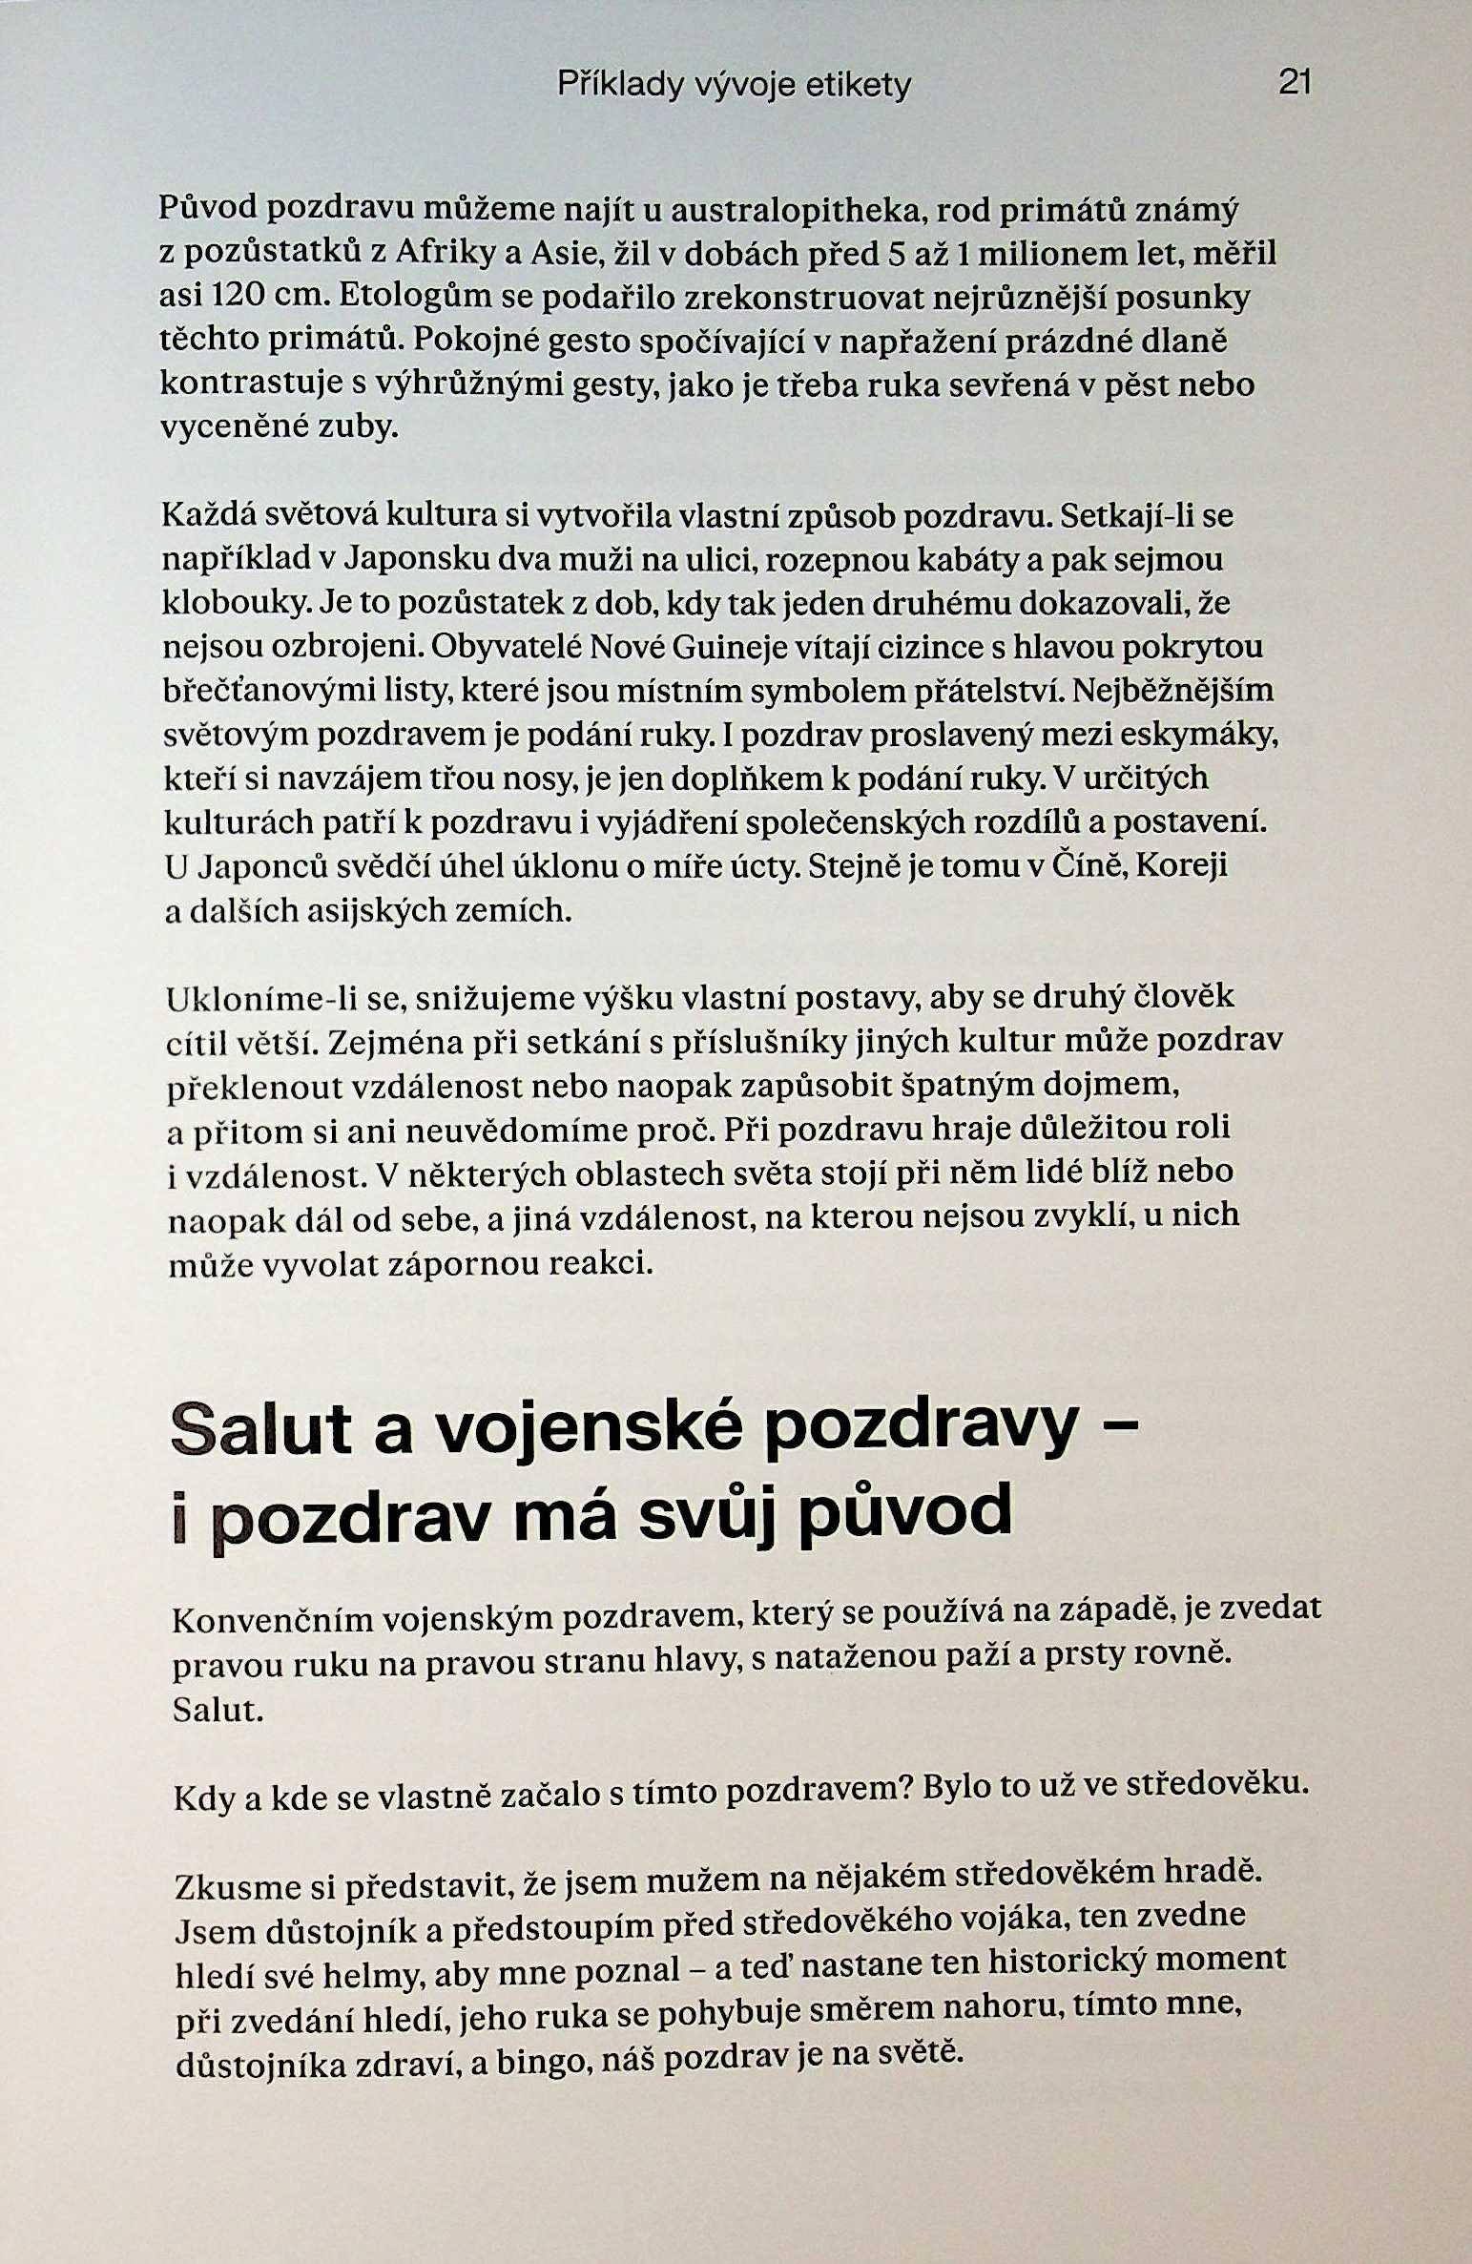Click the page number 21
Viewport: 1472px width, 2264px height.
coord(1295,84)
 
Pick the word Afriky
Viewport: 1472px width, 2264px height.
coord(440,253)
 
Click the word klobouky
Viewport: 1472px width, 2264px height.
coord(237,604)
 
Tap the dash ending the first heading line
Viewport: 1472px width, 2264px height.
coord(1127,1425)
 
